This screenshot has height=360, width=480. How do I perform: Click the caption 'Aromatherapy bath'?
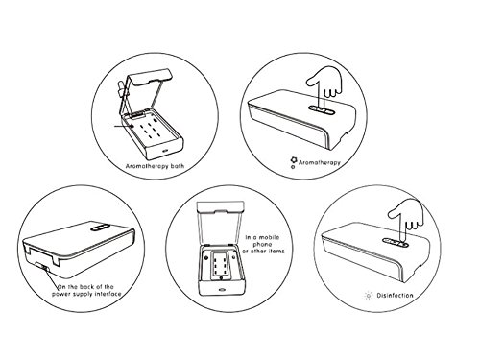click(155, 166)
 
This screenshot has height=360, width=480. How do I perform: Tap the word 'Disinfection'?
click(395, 295)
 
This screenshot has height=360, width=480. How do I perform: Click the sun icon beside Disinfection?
click(369, 296)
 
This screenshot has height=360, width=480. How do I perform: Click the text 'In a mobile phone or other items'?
click(263, 244)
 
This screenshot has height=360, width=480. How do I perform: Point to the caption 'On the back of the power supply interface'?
click(86, 290)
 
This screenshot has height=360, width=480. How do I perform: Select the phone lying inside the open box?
click(220, 264)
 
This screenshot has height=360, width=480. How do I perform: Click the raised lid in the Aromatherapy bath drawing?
click(146, 89)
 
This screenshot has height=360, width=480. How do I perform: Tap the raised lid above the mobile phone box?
click(220, 224)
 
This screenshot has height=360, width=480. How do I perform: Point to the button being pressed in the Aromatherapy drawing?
click(322, 110)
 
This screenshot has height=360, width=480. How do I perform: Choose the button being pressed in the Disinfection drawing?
click(396, 243)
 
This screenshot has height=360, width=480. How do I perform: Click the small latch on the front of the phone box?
click(222, 291)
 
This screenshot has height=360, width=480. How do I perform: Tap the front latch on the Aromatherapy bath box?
click(165, 151)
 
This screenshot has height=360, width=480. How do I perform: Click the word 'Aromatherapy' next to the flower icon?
click(320, 162)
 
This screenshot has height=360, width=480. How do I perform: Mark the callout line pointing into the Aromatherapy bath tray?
click(124, 126)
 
